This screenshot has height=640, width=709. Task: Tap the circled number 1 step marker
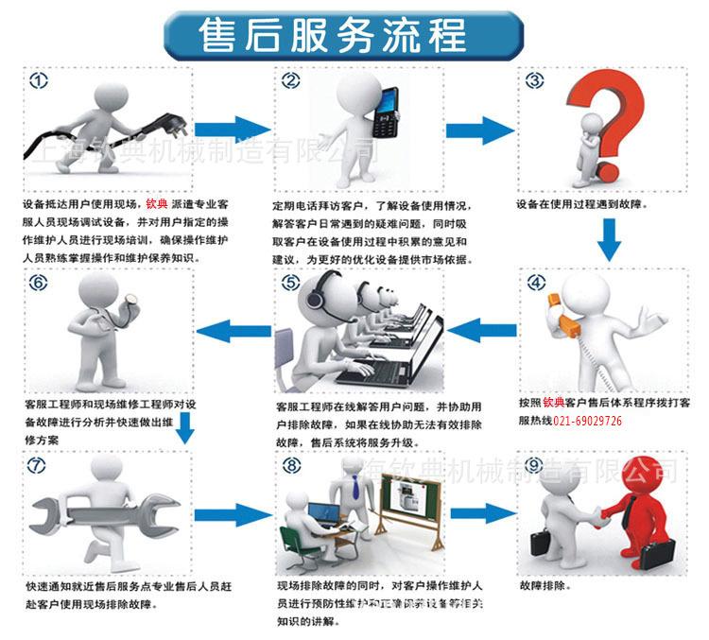(39, 81)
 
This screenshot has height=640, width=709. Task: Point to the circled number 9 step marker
(534, 466)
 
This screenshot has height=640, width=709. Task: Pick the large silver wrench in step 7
(104, 517)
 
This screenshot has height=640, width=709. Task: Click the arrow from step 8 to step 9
(483, 514)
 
